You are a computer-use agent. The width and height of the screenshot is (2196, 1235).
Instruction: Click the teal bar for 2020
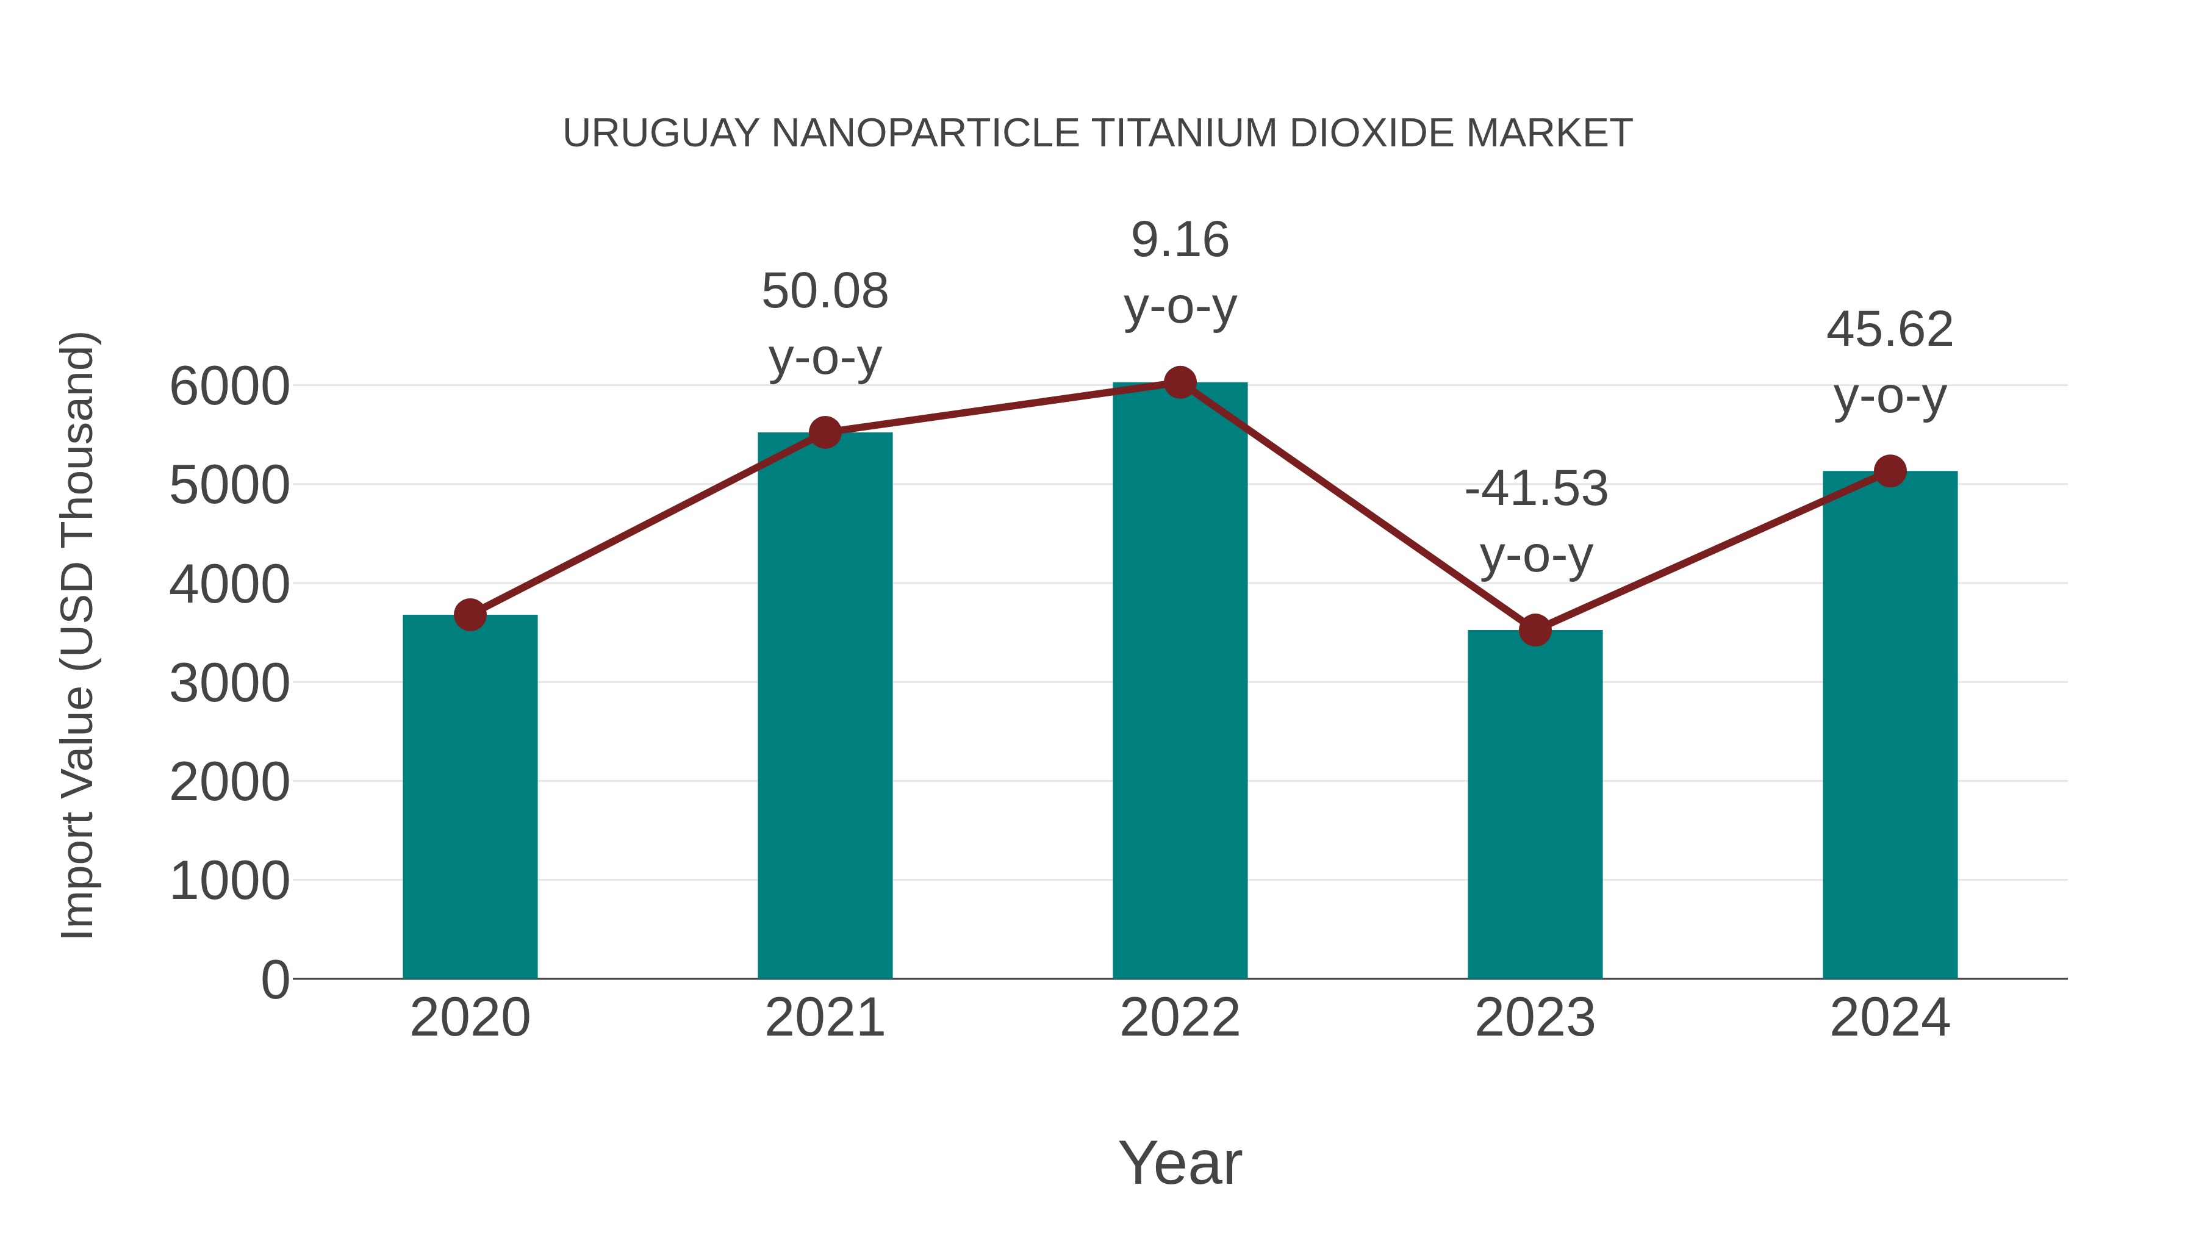click(470, 797)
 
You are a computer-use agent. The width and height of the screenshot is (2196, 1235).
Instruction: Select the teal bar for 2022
click(1180, 682)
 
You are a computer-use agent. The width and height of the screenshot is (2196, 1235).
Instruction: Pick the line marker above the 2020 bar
click(470, 615)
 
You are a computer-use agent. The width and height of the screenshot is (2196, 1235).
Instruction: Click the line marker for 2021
click(824, 432)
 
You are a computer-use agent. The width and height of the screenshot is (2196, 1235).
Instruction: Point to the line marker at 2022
click(1180, 382)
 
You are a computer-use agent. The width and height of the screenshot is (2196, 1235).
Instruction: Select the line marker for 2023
click(1535, 631)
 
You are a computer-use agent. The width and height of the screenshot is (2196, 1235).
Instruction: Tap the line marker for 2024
click(1890, 470)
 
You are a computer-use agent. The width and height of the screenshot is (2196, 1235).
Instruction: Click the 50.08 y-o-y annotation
click(824, 324)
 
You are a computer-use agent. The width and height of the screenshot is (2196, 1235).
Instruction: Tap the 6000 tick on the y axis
click(229, 387)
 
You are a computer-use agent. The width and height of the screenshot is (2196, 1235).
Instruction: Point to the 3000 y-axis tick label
click(229, 684)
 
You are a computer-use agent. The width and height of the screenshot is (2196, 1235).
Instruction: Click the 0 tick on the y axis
click(275, 979)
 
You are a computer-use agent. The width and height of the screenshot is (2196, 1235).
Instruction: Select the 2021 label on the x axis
click(824, 1018)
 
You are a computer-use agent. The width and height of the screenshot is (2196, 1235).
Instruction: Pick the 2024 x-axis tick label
click(1890, 1018)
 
